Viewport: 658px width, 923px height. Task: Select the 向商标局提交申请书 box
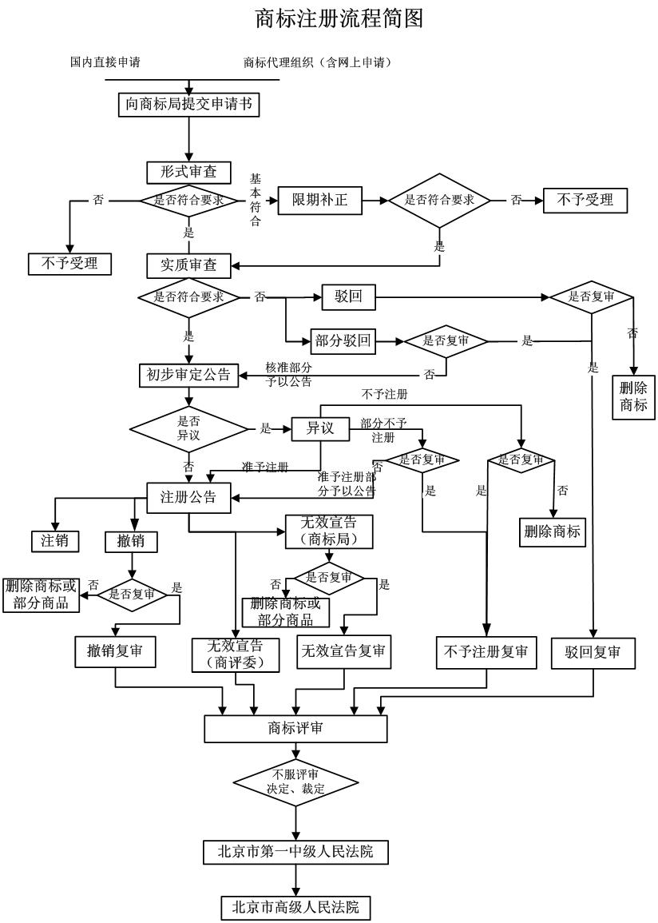188,104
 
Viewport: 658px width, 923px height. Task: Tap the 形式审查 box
188,172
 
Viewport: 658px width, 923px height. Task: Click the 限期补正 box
319,200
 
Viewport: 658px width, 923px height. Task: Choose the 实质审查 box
188,265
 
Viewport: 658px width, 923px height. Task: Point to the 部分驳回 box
343,341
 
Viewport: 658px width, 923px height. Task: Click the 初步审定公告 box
188,374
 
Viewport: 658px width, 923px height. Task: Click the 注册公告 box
188,496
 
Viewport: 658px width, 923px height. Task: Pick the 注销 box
55,540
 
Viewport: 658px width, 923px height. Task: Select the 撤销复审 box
115,652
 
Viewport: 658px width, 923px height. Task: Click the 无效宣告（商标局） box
328,531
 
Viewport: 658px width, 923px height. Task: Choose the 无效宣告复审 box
343,652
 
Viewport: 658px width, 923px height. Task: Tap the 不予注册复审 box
486,652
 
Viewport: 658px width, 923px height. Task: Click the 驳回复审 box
593,652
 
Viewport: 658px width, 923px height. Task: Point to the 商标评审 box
295,728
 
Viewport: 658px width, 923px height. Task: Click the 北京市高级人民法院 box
295,907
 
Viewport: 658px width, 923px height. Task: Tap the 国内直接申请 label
105,62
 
